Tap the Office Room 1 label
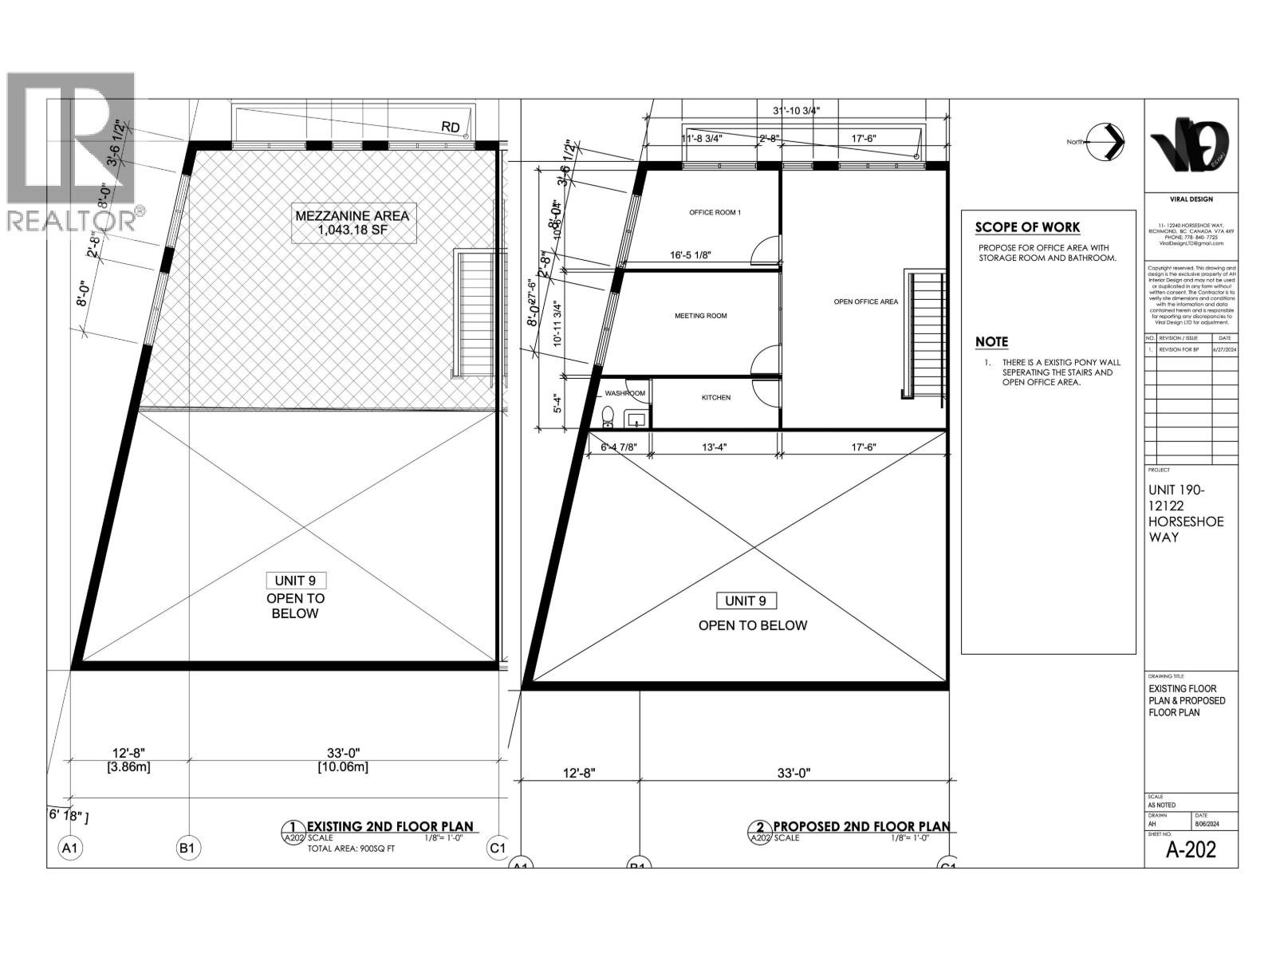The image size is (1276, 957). tap(715, 212)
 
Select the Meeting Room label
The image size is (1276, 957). tap(700, 316)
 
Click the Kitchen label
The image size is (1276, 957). tap(715, 397)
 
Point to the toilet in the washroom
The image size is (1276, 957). tap(608, 415)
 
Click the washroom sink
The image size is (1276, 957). tap(636, 418)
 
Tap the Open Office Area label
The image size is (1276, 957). tap(865, 301)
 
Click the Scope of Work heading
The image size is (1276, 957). tap(1027, 227)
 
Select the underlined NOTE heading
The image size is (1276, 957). tap(991, 341)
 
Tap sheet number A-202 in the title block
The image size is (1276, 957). tap(1191, 849)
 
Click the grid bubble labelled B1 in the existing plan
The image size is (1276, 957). tap(187, 848)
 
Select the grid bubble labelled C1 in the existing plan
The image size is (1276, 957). tap(497, 848)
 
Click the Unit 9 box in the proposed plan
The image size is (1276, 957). tap(746, 601)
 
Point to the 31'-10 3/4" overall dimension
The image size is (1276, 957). tap(796, 110)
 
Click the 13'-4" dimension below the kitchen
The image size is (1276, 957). tap(714, 447)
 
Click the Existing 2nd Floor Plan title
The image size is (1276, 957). tap(390, 826)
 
